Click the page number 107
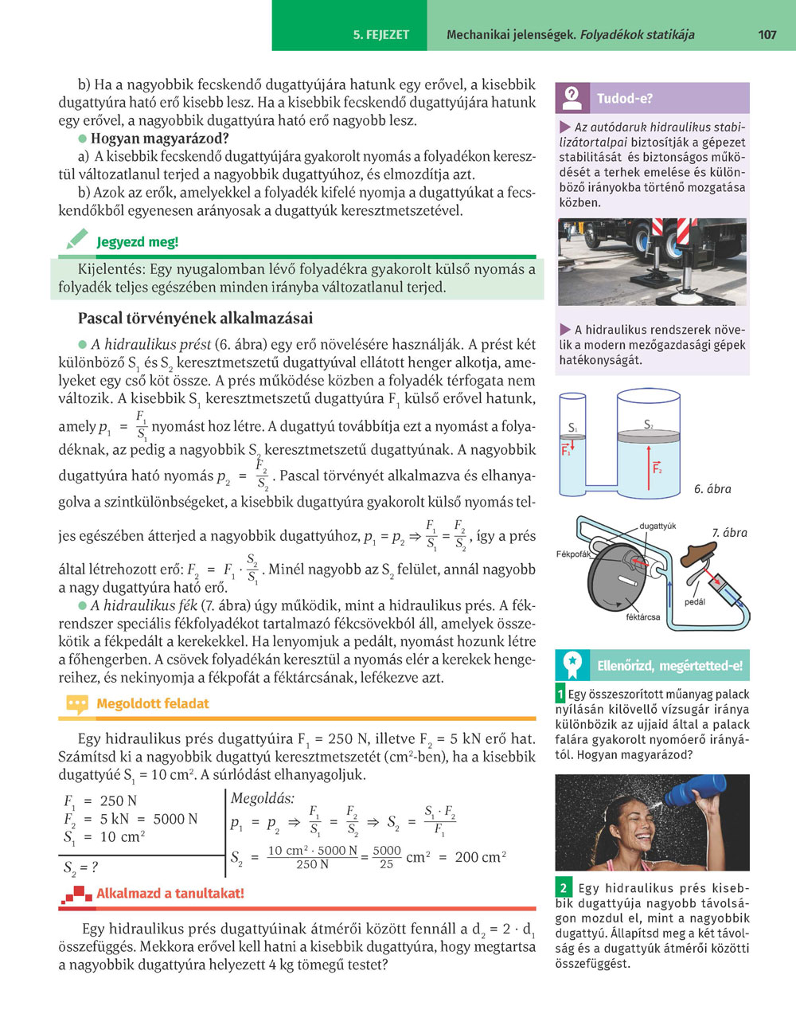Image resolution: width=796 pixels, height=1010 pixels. (767, 35)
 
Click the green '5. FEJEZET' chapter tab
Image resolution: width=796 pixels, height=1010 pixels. (381, 35)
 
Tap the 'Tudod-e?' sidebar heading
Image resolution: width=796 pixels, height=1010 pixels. (625, 99)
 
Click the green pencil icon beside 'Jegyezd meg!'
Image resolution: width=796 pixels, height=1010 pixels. (77, 239)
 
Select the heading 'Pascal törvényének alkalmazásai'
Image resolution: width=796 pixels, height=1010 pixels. (195, 319)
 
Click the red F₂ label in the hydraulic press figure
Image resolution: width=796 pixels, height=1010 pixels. (657, 468)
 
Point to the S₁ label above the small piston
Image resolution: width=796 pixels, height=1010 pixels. (572, 428)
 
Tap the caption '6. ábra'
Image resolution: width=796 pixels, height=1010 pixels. (712, 489)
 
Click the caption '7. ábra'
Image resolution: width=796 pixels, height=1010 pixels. (729, 533)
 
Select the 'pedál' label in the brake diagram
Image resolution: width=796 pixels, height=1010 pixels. (694, 602)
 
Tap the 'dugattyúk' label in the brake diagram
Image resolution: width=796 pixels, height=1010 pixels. (657, 527)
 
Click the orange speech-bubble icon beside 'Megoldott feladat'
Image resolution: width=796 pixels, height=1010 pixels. (77, 704)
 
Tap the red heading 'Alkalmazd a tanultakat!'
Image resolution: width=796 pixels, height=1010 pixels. (170, 894)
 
